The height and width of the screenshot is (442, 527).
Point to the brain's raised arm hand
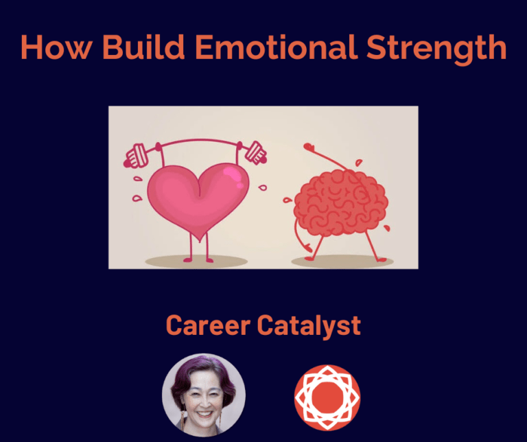point(309,146)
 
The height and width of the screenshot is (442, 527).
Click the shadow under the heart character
point(196,261)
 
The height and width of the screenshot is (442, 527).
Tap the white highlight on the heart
point(235,180)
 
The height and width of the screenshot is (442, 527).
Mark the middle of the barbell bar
point(196,142)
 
